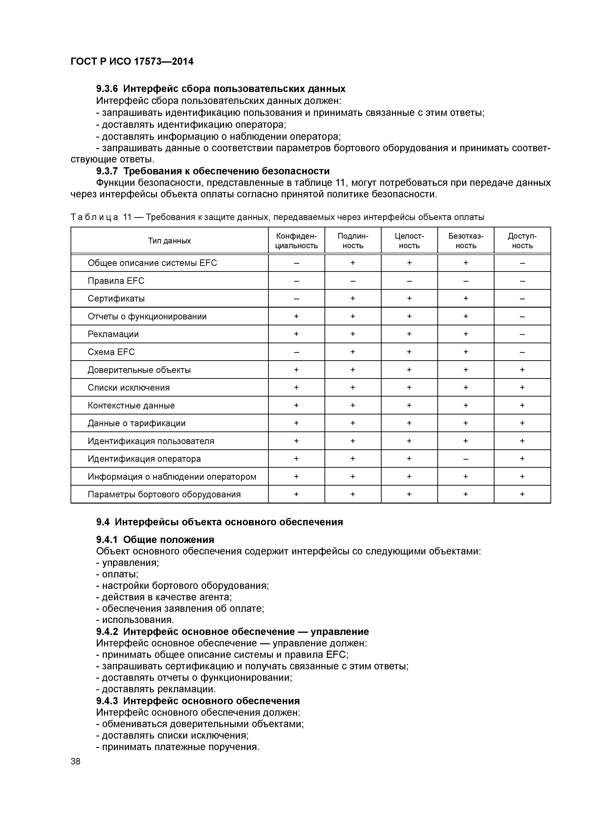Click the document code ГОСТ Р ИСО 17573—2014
click(132, 62)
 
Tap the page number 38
click(76, 761)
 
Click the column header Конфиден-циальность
click(296, 241)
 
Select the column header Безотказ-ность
click(466, 241)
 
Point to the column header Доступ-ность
click(522, 241)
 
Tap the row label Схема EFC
click(111, 352)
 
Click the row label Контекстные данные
click(131, 405)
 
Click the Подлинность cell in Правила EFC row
click(353, 281)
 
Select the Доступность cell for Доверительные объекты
click(522, 370)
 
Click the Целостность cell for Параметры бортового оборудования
click(409, 494)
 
